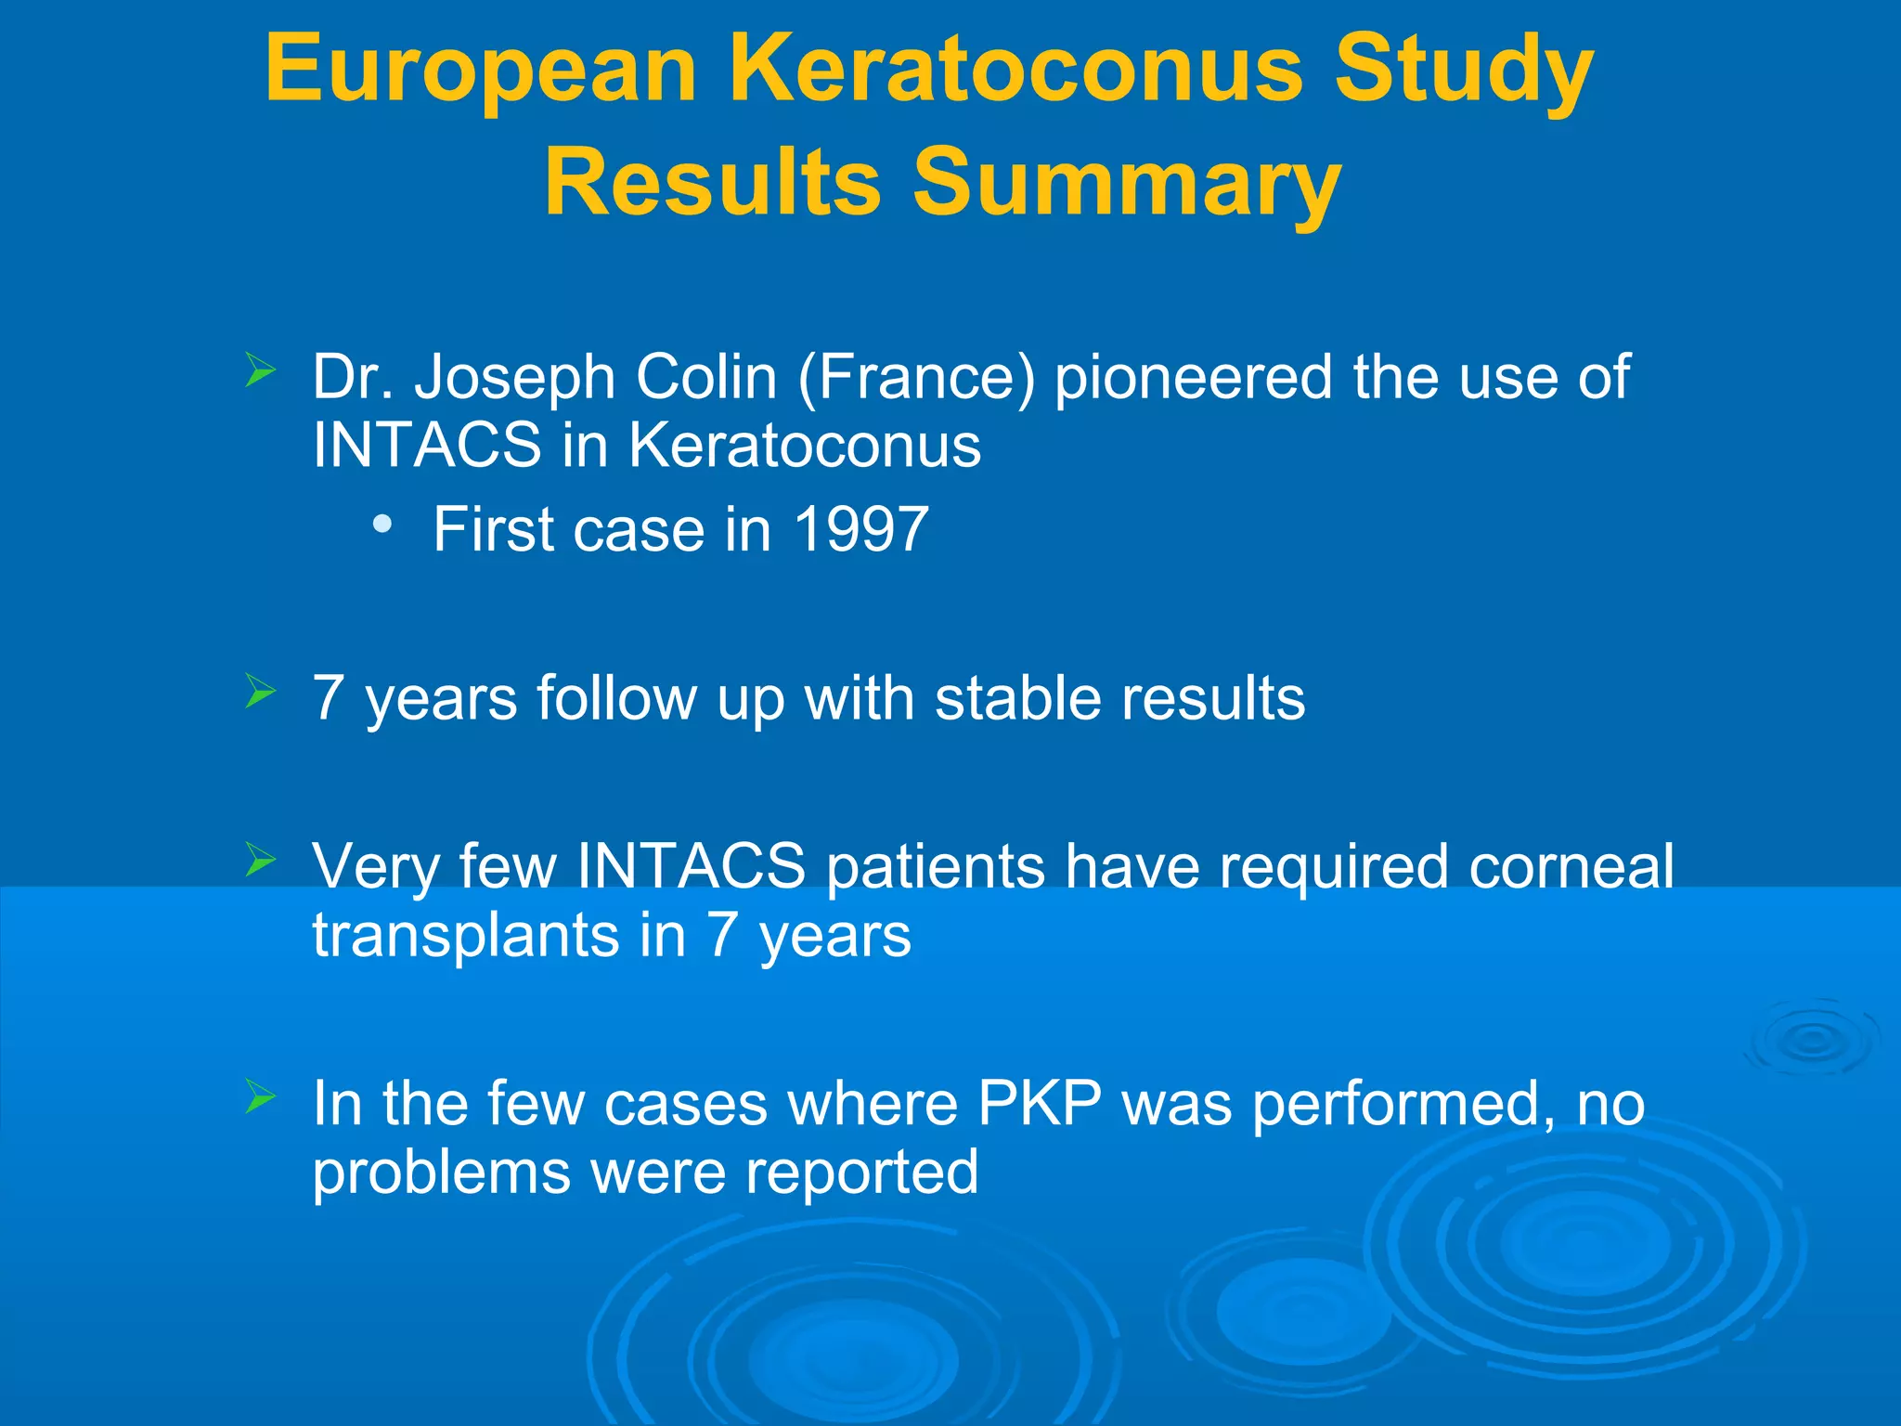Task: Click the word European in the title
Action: [481, 71]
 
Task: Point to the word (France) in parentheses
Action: [915, 378]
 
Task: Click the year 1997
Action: [860, 529]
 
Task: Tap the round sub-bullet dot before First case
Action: [381, 525]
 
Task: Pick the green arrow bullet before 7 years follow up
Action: [261, 692]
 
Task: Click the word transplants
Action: [465, 935]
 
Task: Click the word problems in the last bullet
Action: [441, 1172]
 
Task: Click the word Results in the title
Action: [712, 183]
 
